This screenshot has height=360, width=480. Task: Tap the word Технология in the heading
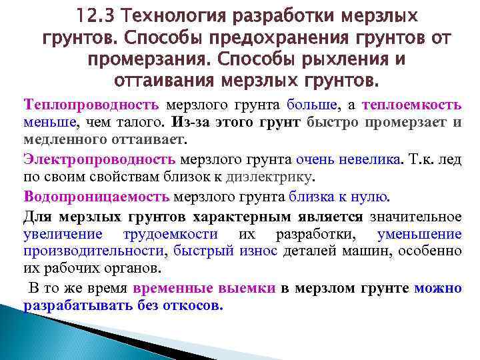170,14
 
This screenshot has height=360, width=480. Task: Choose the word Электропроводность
99,159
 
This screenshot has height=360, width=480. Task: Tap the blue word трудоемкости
171,234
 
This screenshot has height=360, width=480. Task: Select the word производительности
93,251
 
